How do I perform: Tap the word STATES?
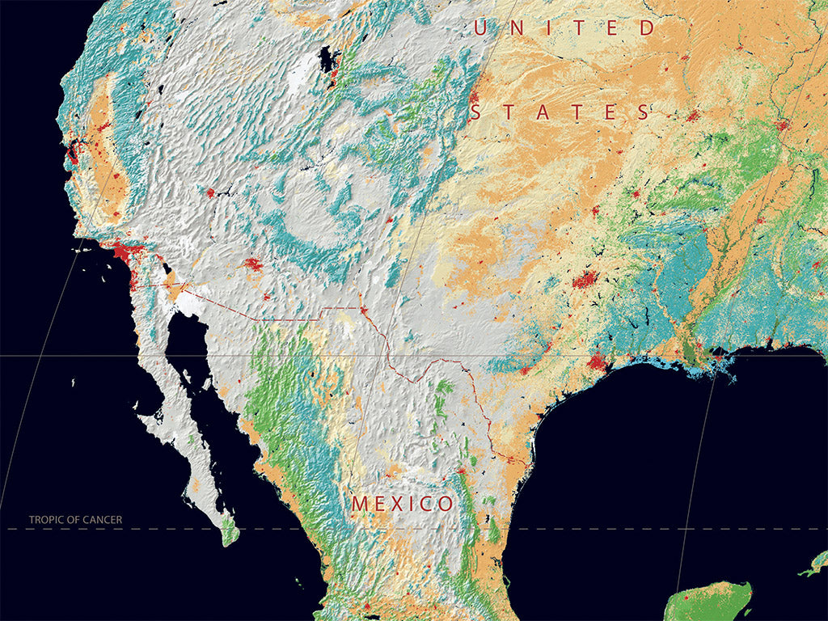click(560, 112)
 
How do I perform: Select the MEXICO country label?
click(402, 504)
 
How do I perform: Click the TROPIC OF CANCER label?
click(75, 520)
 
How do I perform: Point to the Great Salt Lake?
click(327, 60)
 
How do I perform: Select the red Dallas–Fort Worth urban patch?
click(585, 280)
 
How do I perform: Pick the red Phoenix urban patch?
click(251, 264)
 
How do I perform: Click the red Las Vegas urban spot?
click(209, 193)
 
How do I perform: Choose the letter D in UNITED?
click(648, 28)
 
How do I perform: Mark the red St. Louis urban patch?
click(782, 126)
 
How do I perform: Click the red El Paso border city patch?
click(363, 310)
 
